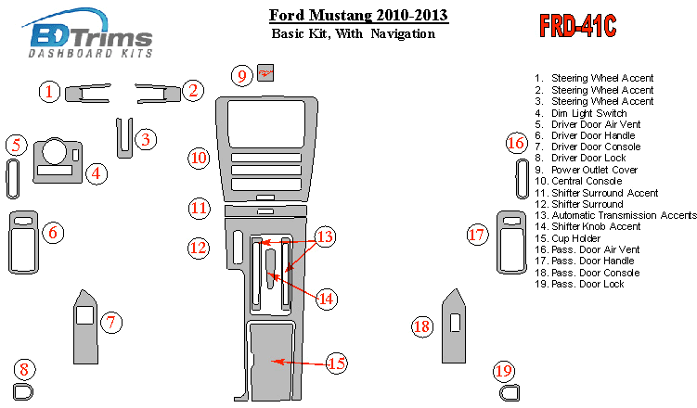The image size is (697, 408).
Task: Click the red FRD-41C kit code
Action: click(577, 26)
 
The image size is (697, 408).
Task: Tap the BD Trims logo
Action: click(87, 33)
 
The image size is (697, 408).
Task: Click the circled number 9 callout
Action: click(242, 75)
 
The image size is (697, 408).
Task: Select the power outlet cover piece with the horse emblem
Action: click(265, 73)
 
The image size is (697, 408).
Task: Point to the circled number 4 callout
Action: click(97, 173)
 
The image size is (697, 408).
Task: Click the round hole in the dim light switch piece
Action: click(54, 151)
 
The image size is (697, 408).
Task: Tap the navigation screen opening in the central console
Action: click(266, 124)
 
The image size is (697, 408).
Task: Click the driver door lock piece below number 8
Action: click(23, 392)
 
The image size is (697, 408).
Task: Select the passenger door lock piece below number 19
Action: click(510, 392)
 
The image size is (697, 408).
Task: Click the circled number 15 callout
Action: click(337, 363)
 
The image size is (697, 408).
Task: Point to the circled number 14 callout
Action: click(327, 299)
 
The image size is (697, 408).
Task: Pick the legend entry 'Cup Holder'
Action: click(568, 238)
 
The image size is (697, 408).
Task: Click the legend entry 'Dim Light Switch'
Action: click(581, 113)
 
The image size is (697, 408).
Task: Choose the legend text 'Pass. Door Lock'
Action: click(580, 284)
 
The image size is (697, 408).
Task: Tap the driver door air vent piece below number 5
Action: click(12, 179)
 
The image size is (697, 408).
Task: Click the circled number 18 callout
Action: click(422, 326)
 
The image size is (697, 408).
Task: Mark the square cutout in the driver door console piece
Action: click(84, 315)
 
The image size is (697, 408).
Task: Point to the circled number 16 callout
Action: click(517, 143)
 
